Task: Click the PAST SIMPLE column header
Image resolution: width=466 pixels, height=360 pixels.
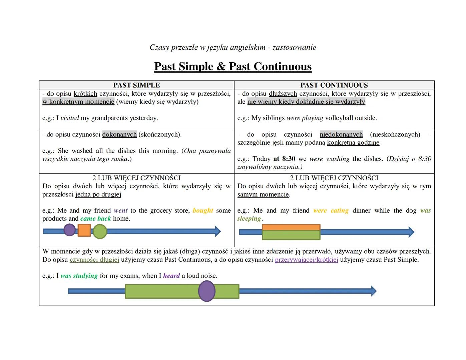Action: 136,85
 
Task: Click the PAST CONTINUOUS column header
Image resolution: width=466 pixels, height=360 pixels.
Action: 334,85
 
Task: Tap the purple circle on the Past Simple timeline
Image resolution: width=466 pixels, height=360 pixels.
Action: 69,230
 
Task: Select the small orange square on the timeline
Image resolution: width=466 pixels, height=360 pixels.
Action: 84,230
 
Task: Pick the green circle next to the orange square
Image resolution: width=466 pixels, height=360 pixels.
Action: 99,231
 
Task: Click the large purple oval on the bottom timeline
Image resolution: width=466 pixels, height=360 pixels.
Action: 207,291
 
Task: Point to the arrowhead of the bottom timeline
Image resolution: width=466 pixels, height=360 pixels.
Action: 374,291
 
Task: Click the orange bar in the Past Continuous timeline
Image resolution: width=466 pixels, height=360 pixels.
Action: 291,227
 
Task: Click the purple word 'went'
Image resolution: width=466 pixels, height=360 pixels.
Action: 120,210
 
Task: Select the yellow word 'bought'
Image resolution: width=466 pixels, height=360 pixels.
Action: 203,210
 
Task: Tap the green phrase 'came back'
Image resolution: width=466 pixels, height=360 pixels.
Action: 95,219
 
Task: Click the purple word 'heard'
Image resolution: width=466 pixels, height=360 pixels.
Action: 171,276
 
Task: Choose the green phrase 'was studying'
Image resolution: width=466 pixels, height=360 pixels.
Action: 79,276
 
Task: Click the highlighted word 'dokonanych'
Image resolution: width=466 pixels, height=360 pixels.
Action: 119,134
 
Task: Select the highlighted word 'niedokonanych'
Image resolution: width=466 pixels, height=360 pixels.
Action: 341,134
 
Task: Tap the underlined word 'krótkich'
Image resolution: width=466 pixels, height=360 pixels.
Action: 85,94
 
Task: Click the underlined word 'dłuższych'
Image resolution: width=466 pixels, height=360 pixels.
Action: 283,94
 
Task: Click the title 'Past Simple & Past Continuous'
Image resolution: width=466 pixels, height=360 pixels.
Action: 233,66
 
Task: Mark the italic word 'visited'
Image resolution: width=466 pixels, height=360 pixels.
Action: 70,118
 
